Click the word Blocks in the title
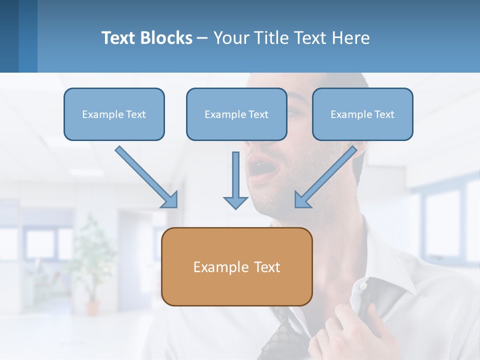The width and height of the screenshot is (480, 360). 167,38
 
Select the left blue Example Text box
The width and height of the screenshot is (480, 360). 114,114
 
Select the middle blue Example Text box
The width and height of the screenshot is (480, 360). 236,114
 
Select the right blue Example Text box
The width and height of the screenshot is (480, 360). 362,114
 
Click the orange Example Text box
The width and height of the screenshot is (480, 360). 236,266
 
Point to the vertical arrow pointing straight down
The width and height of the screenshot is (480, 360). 235,180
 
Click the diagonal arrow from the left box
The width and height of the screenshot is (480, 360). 145,176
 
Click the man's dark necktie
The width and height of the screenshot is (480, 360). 283,335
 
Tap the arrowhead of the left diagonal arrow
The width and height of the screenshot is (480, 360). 170,200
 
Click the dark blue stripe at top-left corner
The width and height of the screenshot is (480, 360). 9,36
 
